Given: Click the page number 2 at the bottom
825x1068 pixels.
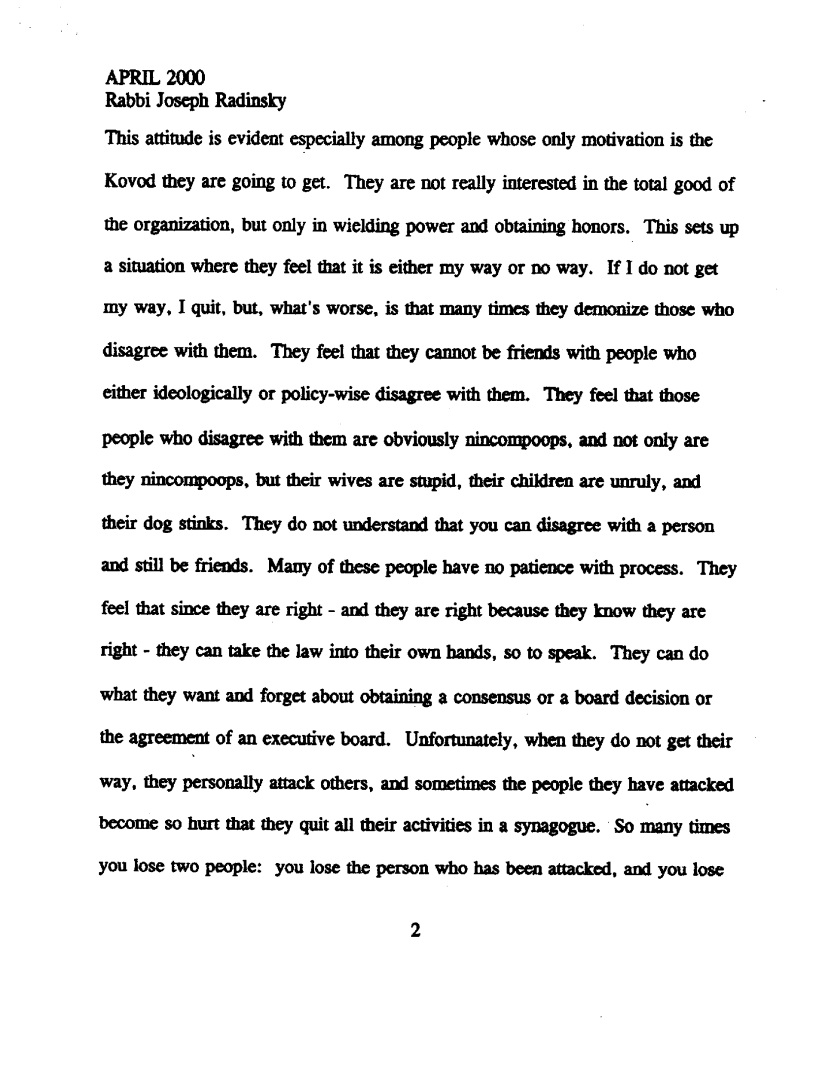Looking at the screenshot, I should tap(413, 930).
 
